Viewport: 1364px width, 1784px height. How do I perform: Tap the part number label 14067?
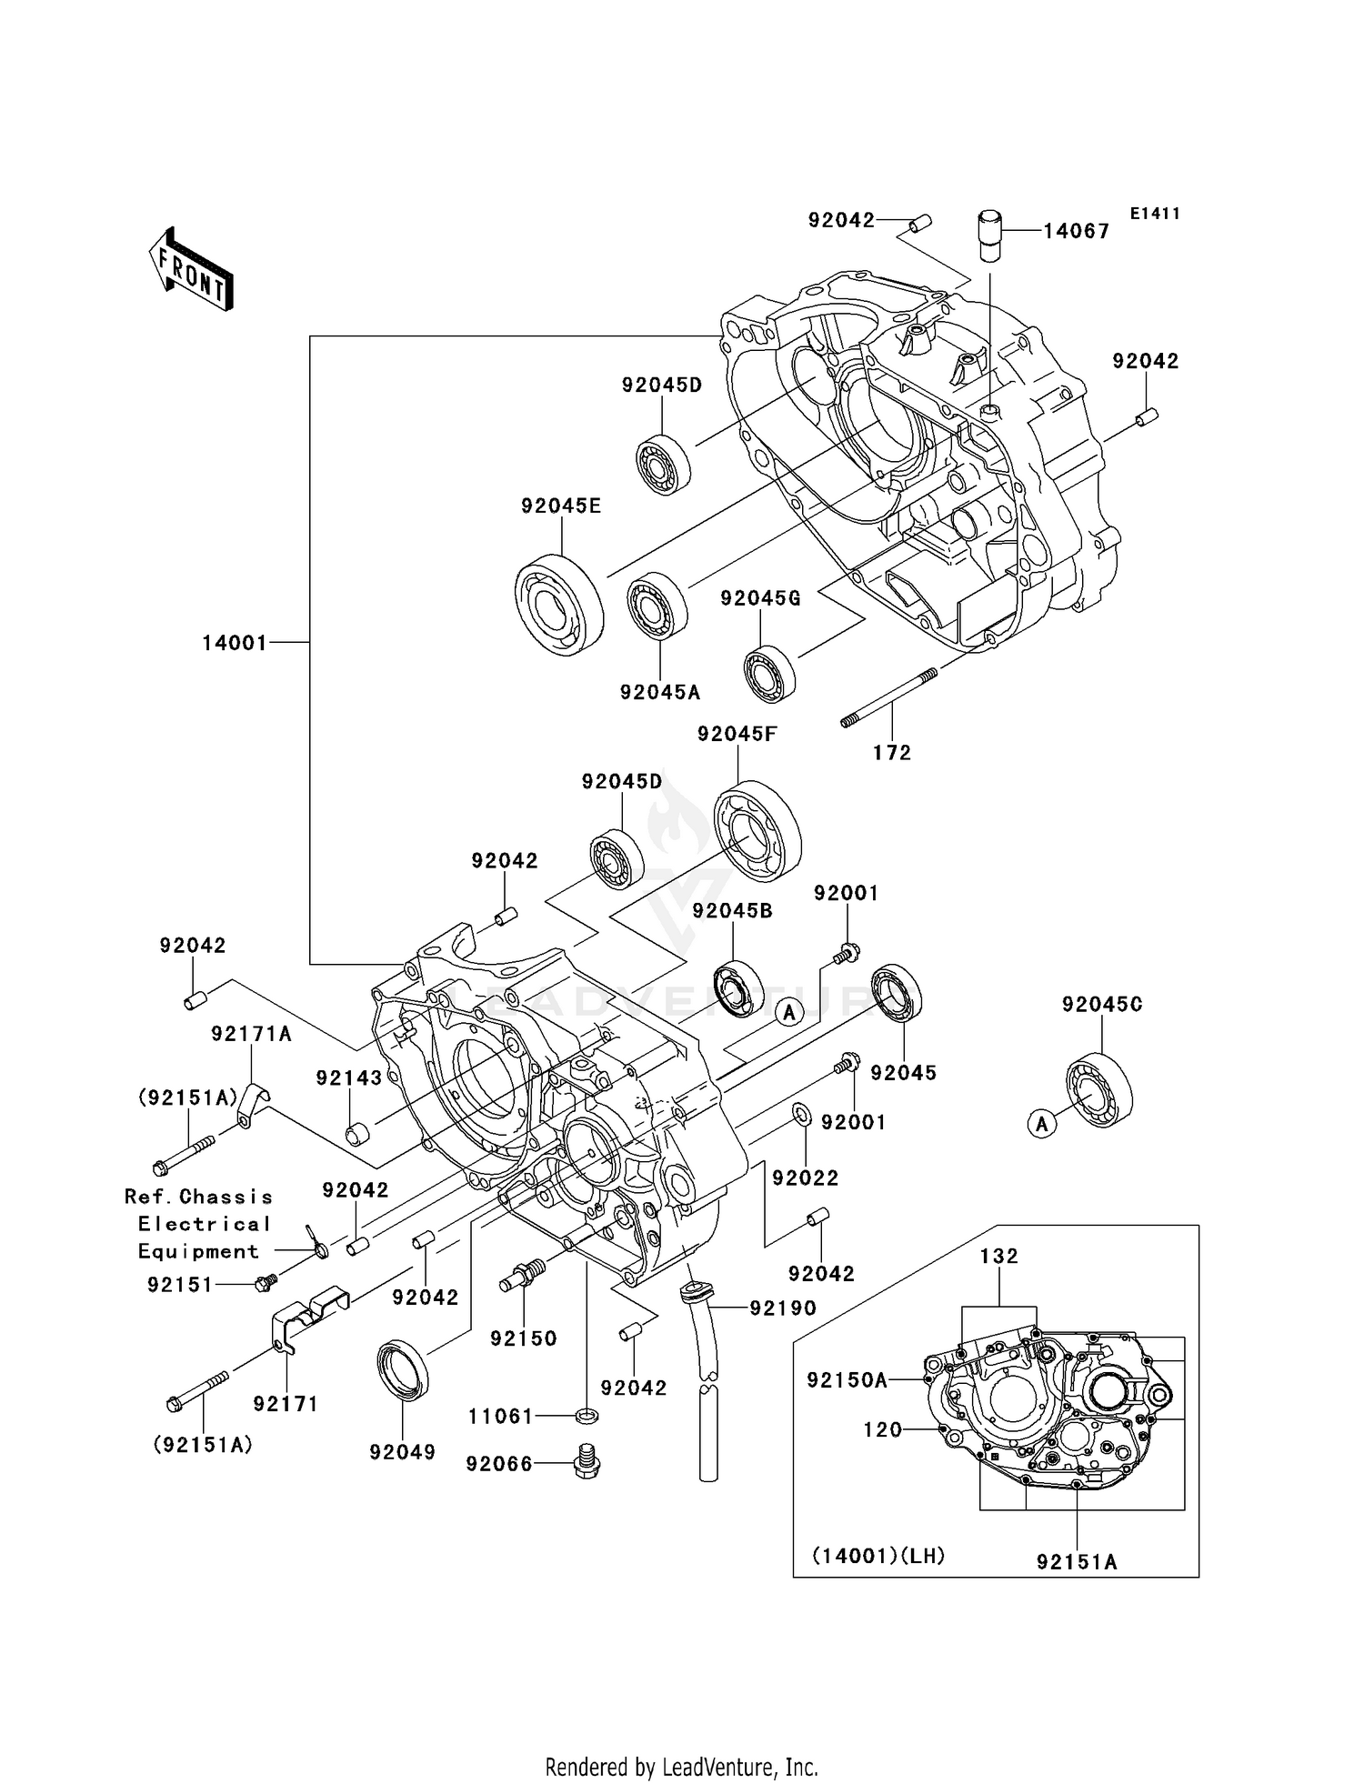coord(1076,231)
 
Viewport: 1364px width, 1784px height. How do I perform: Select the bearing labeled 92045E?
coord(559,604)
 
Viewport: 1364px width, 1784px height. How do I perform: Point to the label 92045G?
coord(760,598)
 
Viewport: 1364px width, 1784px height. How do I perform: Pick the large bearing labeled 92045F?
coord(757,831)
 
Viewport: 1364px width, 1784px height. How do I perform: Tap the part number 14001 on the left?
coord(235,643)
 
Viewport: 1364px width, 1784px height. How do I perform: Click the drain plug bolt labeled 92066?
coord(587,1463)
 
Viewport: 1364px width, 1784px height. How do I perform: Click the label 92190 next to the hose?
coord(783,1308)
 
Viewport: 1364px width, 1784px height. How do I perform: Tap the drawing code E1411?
coord(1155,214)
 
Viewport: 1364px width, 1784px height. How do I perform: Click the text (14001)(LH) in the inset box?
coord(878,1556)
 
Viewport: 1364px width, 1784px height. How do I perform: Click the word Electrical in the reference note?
coord(205,1224)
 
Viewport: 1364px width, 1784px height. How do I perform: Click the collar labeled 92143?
coord(356,1136)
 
